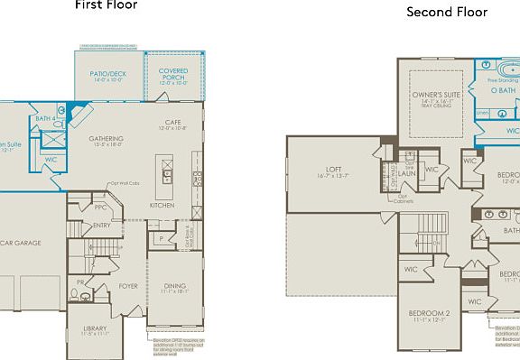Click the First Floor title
point(106,5)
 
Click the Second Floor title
point(446,12)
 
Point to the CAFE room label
point(173,125)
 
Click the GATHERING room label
point(107,140)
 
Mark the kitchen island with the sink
point(166,171)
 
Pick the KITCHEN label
point(162,206)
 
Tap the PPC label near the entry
point(101,208)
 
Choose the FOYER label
point(129,286)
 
